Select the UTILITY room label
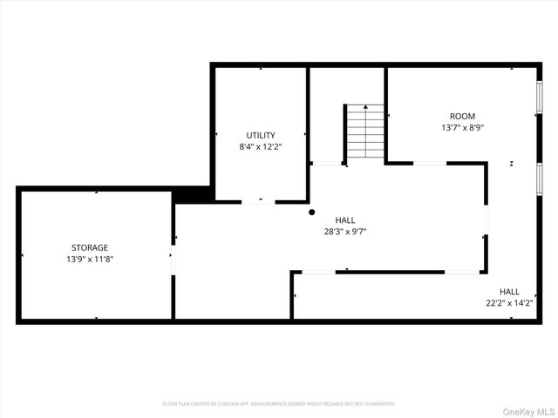[261, 135]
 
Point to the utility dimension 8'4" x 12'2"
[261, 146]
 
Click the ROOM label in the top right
[462, 116]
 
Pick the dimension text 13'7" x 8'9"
[462, 127]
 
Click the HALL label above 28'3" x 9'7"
[345, 220]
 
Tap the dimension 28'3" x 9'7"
[345, 232]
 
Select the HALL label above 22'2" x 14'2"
[509, 292]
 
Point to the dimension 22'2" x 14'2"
[509, 303]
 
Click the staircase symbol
[365, 132]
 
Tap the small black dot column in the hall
[311, 212]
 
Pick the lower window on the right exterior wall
[540, 177]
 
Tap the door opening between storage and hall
[173, 260]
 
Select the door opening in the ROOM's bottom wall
[430, 163]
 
